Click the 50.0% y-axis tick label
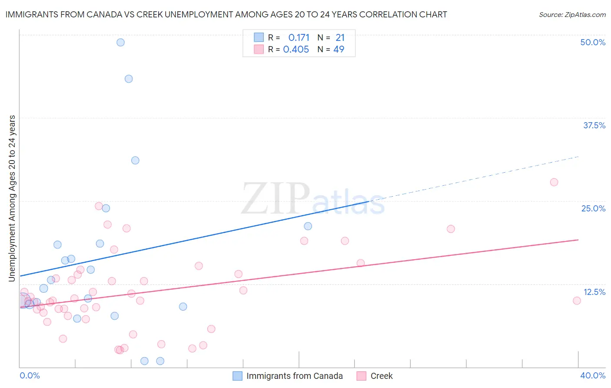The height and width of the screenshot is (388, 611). click(593, 43)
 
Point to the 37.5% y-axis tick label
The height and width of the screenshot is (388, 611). click(594, 126)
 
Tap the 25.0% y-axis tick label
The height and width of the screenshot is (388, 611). click(593, 209)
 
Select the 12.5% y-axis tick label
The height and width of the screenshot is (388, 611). click(594, 292)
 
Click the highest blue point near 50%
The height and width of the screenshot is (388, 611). click(120, 43)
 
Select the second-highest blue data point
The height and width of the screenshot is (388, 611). click(129, 79)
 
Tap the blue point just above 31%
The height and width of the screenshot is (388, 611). click(135, 161)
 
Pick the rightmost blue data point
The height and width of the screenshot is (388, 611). click(308, 226)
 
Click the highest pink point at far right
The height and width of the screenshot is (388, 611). click(554, 182)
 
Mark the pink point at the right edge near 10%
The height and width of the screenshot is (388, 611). click(577, 301)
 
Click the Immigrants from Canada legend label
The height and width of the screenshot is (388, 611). click(295, 376)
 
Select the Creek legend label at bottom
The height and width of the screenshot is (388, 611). click(382, 376)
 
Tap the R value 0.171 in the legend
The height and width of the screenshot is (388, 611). click(299, 38)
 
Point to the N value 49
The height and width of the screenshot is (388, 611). click(339, 50)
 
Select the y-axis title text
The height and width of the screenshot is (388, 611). click(12, 198)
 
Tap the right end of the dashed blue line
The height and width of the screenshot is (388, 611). click(578, 157)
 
